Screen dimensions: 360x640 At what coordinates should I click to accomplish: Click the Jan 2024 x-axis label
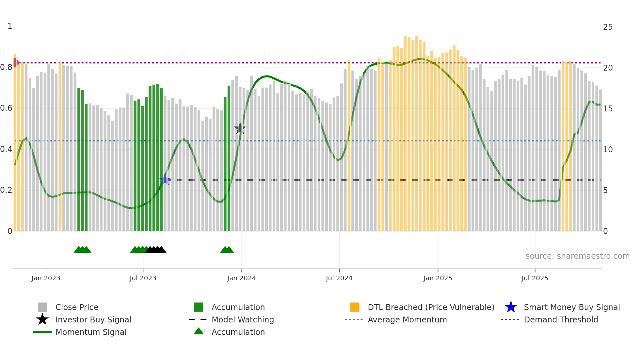point(241,278)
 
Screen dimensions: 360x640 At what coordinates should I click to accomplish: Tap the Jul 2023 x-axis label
point(143,278)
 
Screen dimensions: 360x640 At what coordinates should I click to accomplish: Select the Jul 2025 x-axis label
point(535,278)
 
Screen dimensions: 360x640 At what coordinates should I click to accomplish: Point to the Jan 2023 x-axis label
point(46,278)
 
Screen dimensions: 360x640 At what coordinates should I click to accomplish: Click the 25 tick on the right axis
point(608,27)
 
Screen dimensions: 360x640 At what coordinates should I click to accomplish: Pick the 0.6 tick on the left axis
point(6,108)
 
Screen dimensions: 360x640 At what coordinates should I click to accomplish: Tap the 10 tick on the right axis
point(608,150)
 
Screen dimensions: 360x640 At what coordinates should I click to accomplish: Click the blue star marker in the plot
point(165,179)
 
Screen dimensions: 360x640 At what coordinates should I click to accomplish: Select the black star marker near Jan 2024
point(240,128)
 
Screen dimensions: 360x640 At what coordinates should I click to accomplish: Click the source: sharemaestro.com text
point(577,256)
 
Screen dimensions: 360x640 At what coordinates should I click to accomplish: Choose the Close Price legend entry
point(77,307)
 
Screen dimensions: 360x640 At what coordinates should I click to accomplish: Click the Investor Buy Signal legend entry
point(93,320)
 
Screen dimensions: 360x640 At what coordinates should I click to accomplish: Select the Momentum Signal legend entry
point(91,332)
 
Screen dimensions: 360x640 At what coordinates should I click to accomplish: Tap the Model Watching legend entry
point(243,320)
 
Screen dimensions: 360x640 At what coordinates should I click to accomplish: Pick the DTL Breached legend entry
point(431,307)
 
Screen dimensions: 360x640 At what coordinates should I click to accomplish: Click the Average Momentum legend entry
point(407,320)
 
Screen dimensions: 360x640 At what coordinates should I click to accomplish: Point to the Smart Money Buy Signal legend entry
point(571,307)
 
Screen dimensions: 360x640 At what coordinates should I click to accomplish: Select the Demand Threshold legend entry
point(561,320)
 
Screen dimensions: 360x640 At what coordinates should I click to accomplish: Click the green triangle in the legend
point(199,332)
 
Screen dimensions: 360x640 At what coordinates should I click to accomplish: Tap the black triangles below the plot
point(156,250)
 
